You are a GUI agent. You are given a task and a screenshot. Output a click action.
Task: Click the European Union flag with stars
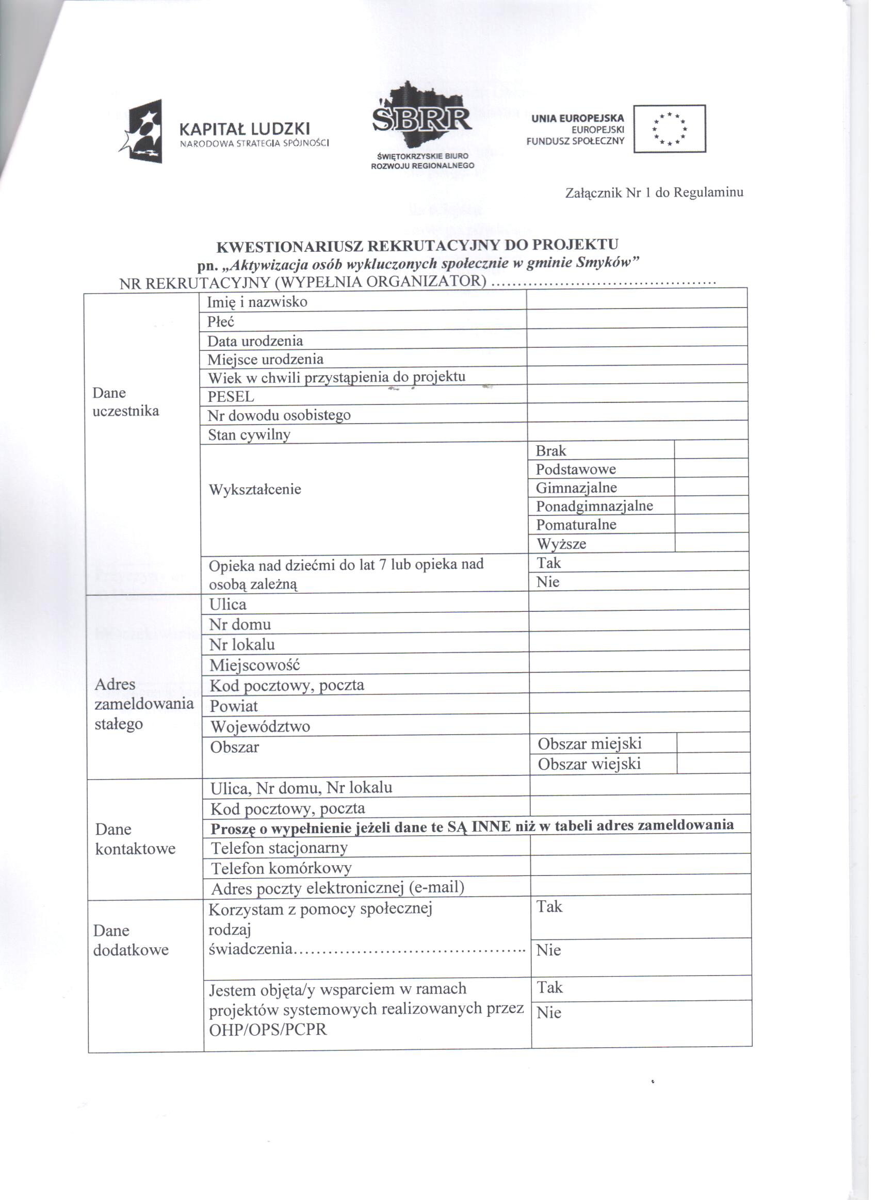(670, 128)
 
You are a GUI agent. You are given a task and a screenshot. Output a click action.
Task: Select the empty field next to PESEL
(637, 393)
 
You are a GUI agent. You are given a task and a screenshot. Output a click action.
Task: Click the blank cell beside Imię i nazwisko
(637, 299)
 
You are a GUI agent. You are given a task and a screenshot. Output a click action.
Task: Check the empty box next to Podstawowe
(711, 468)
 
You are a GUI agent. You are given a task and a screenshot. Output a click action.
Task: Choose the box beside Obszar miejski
(713, 743)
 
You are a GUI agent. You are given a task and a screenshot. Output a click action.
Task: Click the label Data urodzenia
(255, 340)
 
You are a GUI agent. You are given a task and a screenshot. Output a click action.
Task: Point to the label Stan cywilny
(249, 435)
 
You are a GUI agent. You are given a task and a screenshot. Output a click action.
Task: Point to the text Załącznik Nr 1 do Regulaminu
(654, 192)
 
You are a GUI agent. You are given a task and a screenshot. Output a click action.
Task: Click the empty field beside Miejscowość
(639, 662)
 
